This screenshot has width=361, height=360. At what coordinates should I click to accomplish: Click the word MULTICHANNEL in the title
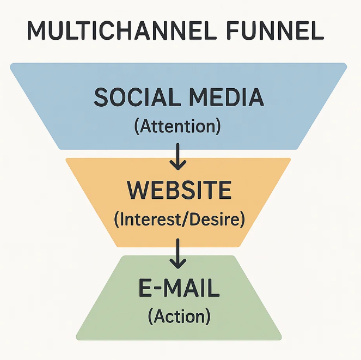click(122, 30)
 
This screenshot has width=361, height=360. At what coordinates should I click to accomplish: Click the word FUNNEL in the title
click(275, 30)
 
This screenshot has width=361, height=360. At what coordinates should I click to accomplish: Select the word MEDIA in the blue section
click(227, 97)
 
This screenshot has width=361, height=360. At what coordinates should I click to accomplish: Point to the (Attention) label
click(178, 126)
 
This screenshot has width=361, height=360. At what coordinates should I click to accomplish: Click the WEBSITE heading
click(179, 190)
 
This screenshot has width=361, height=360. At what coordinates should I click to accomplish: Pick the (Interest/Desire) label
click(180, 219)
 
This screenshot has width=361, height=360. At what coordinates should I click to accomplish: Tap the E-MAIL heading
click(179, 288)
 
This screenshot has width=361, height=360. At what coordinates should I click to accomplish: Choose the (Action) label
click(179, 316)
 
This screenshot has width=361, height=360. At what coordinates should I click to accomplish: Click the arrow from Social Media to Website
click(178, 157)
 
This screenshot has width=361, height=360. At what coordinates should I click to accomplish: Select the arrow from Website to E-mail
click(178, 254)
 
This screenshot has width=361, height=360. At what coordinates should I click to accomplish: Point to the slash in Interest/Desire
click(185, 219)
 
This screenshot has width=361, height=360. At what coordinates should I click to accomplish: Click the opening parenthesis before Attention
click(137, 127)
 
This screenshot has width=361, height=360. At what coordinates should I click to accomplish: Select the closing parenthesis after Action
click(208, 316)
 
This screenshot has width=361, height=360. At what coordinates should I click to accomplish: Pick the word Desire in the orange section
click(215, 219)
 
